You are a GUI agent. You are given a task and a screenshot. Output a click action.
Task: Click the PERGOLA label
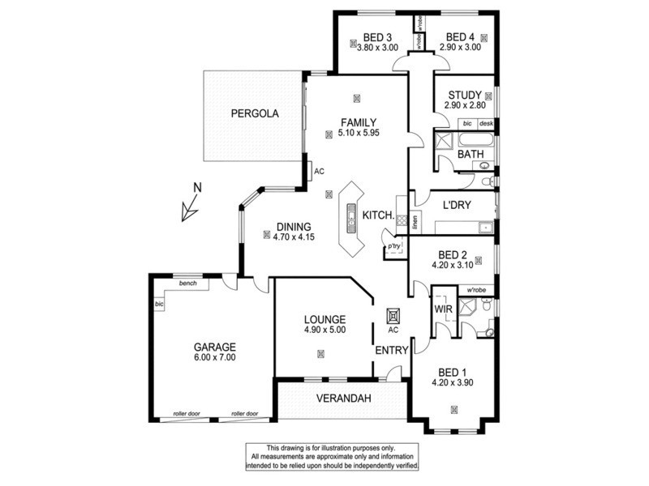click(x=254, y=114)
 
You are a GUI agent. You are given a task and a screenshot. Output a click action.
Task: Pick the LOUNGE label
click(x=325, y=319)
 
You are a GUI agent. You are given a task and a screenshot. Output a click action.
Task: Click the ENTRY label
click(x=389, y=350)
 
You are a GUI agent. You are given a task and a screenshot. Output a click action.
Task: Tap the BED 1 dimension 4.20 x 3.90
click(x=452, y=382)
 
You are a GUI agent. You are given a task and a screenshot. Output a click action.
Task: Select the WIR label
click(x=443, y=309)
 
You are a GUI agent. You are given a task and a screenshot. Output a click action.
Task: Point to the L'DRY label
click(x=457, y=207)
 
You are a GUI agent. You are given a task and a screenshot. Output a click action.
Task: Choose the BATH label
click(x=471, y=154)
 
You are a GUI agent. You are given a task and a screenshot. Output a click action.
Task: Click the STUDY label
click(x=465, y=95)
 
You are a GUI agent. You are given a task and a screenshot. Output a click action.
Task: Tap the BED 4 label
click(x=460, y=36)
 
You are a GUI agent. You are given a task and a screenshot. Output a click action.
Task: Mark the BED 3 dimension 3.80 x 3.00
click(x=378, y=48)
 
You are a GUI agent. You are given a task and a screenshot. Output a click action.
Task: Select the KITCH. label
click(x=378, y=215)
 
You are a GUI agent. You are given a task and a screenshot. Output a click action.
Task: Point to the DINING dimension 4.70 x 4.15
click(x=288, y=237)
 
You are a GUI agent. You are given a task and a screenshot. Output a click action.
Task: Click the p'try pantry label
click(x=394, y=245)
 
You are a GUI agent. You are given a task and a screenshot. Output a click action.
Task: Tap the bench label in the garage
click(x=188, y=283)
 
